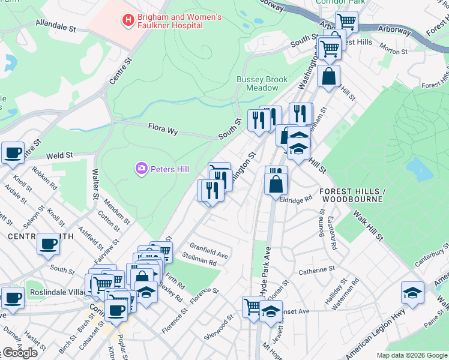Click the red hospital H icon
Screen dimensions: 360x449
[x=128, y=21]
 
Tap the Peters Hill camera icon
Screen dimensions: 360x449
[x=142, y=169]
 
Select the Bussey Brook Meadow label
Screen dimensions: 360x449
[x=262, y=83]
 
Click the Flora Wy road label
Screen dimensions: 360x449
[x=163, y=127]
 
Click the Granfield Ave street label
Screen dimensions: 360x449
[x=209, y=251]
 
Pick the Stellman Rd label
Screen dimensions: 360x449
[x=203, y=262]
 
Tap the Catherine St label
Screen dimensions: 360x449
[x=316, y=271]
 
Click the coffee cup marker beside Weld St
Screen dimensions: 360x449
[x=12, y=152]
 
